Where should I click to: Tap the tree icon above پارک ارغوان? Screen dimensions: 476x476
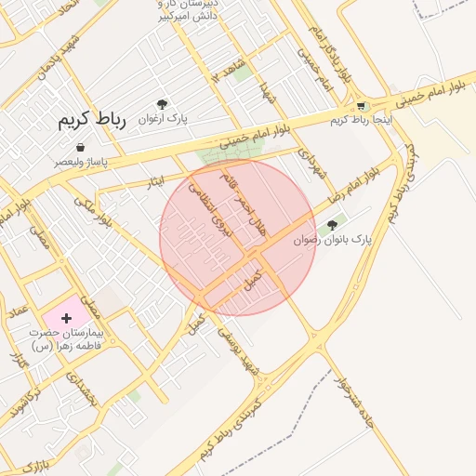coord(163,104)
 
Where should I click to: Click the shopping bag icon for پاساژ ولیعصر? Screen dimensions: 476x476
coord(82,147)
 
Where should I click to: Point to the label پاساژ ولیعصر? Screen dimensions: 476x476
coord(80,162)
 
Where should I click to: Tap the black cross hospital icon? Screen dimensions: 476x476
coord(66,319)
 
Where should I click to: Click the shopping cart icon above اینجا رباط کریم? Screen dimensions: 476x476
coord(361,106)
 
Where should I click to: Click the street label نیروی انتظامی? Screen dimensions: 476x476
coord(210,205)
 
